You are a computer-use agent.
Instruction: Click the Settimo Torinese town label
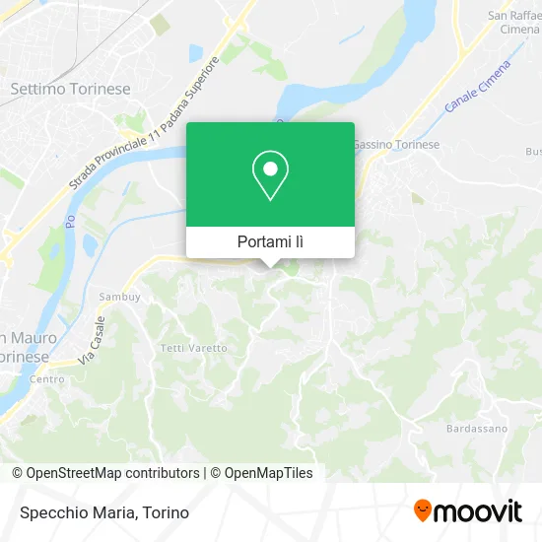[70, 89]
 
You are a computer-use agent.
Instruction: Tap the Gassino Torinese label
[396, 144]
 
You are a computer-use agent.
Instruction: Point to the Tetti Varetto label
[194, 348]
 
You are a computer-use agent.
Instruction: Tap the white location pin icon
[270, 174]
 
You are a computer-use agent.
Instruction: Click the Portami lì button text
[270, 241]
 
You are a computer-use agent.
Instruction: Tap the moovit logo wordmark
[479, 511]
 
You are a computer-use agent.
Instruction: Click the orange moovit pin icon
[422, 510]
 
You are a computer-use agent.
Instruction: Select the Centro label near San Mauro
[46, 378]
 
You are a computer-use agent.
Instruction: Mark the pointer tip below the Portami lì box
[270, 265]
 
